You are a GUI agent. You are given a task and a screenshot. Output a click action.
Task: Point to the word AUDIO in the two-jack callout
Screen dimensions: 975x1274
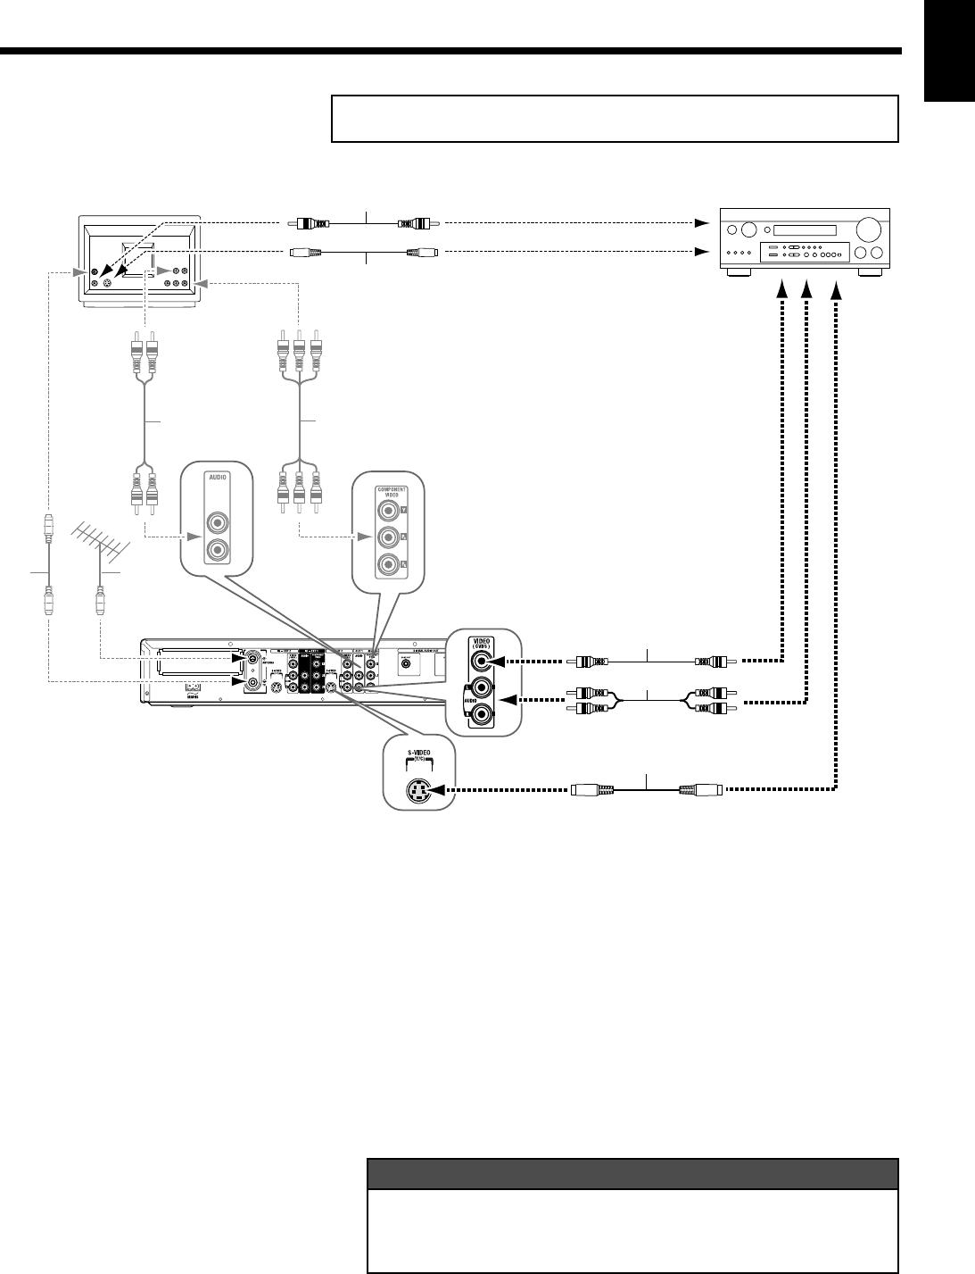(x=218, y=478)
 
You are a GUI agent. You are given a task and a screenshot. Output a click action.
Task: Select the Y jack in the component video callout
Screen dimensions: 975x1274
(x=387, y=512)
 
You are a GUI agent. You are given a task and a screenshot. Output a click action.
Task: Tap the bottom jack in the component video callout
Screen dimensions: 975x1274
(x=387, y=564)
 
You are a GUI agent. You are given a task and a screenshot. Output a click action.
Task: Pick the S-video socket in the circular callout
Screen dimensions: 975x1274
(x=418, y=790)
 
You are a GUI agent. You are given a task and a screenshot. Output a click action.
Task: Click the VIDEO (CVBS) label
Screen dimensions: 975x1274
(x=482, y=643)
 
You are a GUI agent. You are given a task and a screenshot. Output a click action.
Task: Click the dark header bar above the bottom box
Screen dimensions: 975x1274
(x=632, y=1173)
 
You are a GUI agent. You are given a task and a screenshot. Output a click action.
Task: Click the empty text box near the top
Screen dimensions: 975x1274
(x=614, y=119)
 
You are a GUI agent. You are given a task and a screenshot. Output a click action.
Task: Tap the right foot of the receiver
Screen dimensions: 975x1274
(x=868, y=274)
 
